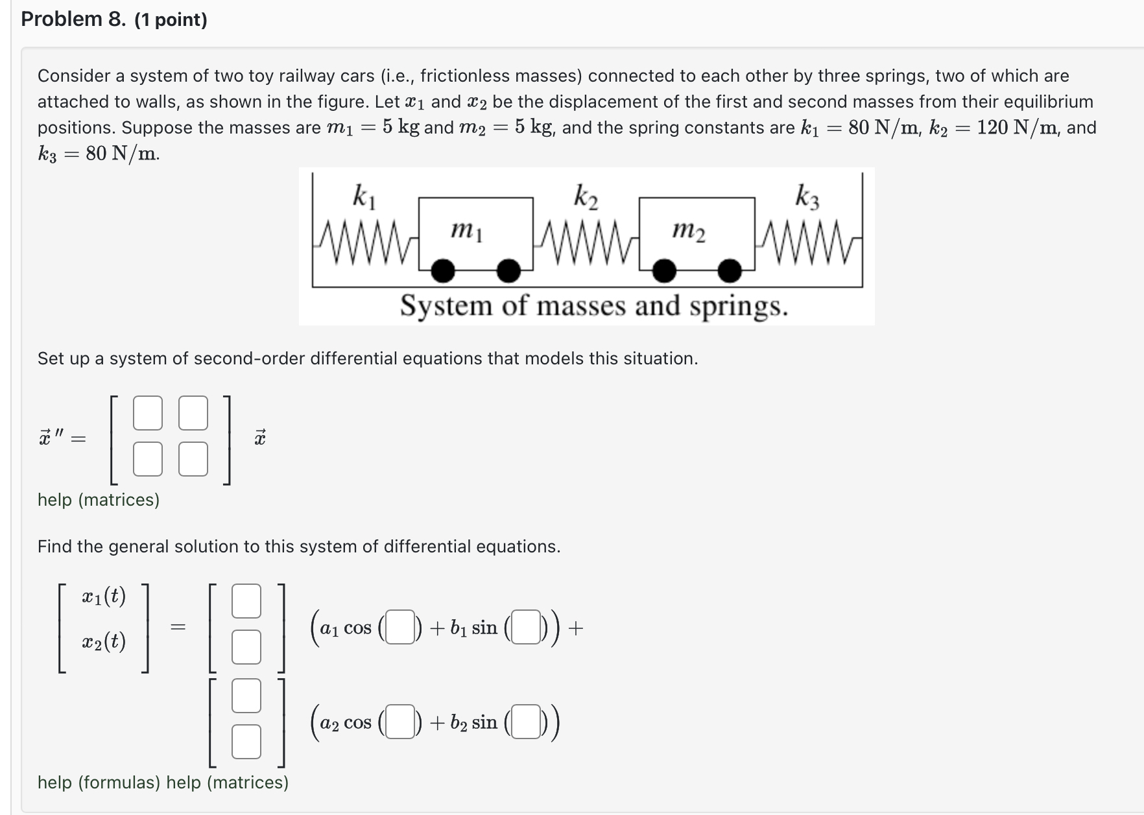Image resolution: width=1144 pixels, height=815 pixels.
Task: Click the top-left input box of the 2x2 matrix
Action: click(x=148, y=413)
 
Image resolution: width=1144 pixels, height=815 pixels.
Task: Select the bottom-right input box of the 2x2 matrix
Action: click(x=193, y=459)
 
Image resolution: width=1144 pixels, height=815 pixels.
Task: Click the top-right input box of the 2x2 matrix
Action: click(x=193, y=413)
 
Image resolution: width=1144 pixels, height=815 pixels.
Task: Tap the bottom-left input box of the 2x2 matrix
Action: click(x=148, y=459)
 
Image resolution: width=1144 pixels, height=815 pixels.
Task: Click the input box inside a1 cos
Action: click(x=400, y=628)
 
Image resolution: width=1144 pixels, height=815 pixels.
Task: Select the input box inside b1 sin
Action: click(x=526, y=628)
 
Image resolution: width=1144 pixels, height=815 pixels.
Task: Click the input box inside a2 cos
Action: click(x=400, y=722)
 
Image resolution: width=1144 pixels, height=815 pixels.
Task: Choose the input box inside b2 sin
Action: click(x=526, y=722)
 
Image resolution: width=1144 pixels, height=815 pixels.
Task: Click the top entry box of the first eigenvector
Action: click(x=246, y=601)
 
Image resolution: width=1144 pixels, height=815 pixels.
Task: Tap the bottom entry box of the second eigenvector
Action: click(x=246, y=742)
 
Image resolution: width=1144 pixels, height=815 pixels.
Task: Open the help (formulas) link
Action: click(x=99, y=783)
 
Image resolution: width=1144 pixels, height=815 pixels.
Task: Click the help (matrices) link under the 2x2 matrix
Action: click(x=99, y=500)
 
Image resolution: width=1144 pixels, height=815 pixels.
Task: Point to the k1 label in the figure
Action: click(x=363, y=196)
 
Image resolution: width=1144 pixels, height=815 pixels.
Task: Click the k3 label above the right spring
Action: click(x=807, y=196)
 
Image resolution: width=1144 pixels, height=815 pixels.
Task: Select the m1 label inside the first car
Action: click(x=466, y=230)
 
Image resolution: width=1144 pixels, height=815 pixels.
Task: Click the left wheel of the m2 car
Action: click(x=664, y=271)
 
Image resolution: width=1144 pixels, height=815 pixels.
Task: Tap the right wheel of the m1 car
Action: click(x=508, y=271)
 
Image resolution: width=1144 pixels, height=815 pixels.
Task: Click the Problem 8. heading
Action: click(x=73, y=19)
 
